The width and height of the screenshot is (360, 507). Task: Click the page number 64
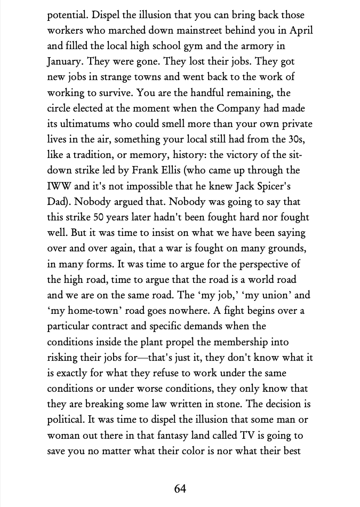click(x=180, y=488)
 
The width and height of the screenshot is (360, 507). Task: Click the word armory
click(x=281, y=46)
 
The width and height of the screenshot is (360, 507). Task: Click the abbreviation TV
click(x=243, y=434)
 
